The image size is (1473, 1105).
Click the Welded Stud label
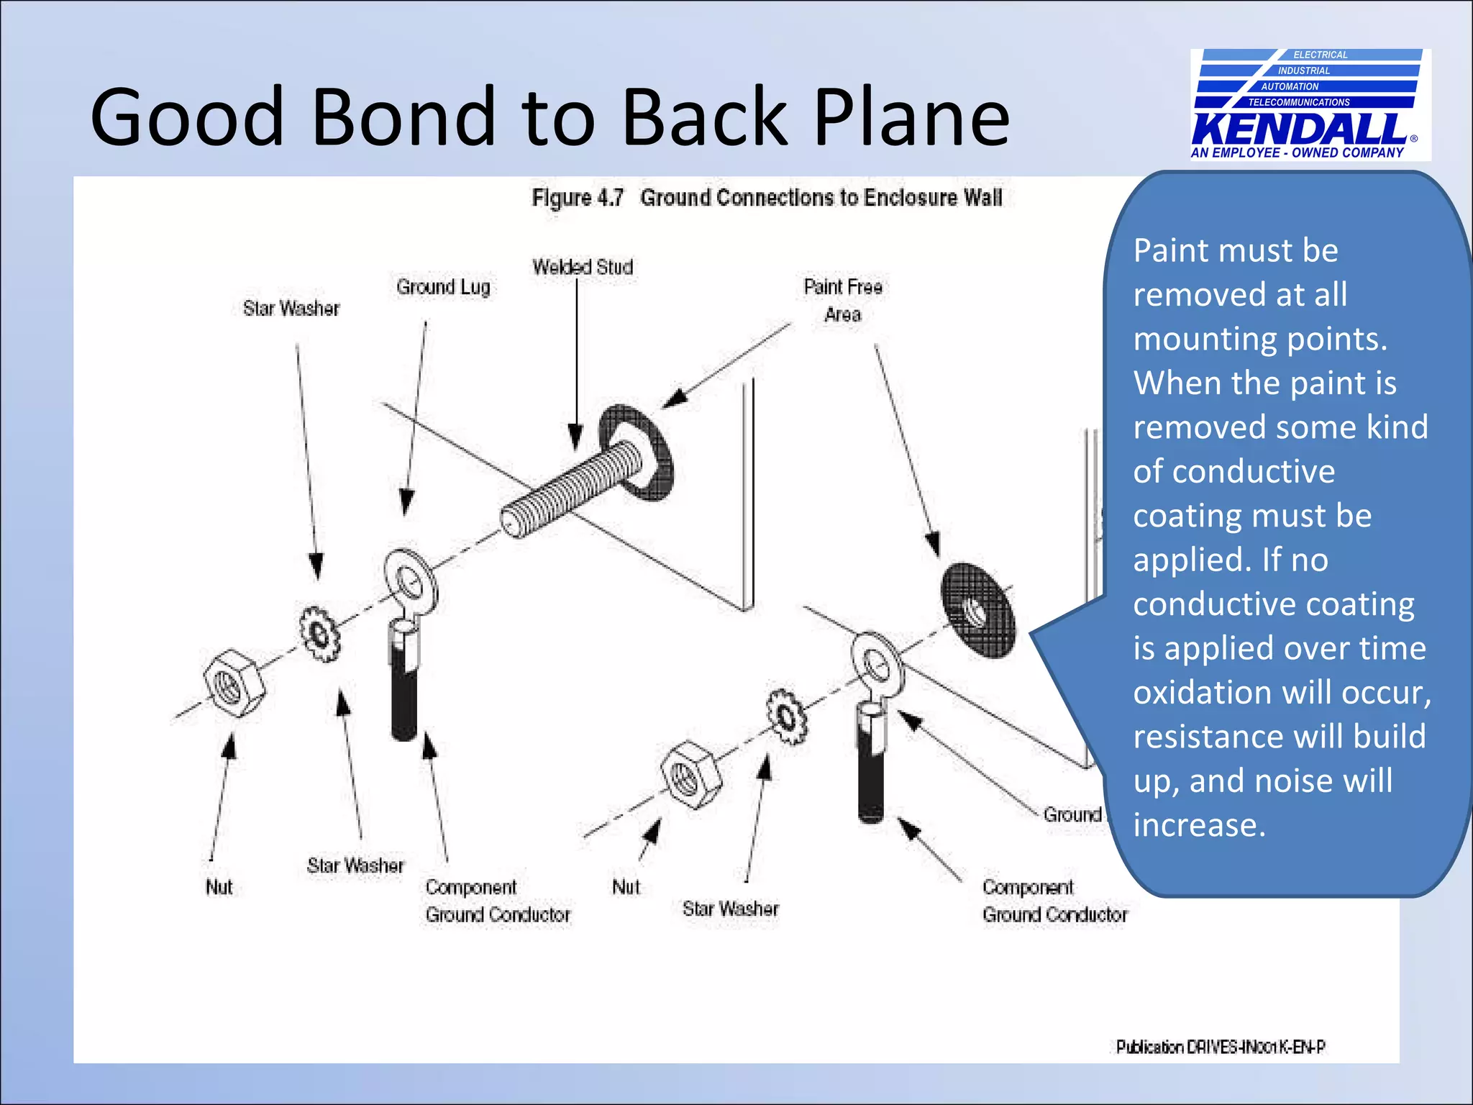click(x=583, y=267)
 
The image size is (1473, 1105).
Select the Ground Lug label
click(x=443, y=287)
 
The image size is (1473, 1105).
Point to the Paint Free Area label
click(x=842, y=300)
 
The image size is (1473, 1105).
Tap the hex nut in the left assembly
click(x=233, y=683)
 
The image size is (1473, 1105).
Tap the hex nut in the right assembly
click(x=690, y=775)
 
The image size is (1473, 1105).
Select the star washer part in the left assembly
click(x=320, y=634)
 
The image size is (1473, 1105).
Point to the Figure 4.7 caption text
click(x=767, y=198)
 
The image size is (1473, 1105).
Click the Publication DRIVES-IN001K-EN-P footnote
click(x=1220, y=1047)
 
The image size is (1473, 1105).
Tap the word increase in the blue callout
click(x=1198, y=825)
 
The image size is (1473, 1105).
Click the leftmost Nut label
click(x=219, y=887)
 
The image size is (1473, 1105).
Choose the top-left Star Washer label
click(x=291, y=309)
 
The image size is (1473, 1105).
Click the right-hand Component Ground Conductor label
click(x=1054, y=901)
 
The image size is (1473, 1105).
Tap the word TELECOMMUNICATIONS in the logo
click(x=1299, y=102)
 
